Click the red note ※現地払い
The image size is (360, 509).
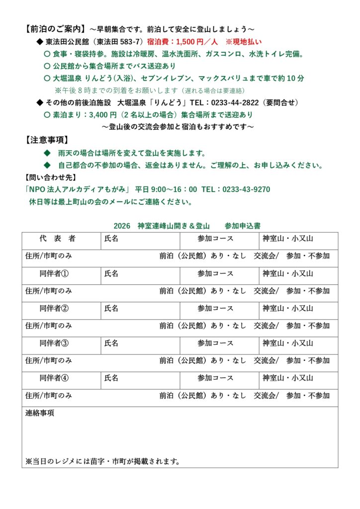pyautogui.click(x=244, y=42)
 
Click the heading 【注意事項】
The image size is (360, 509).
pyautogui.click(x=47, y=140)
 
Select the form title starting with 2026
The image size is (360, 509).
pyautogui.click(x=186, y=225)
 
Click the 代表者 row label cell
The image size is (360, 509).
pyautogui.click(x=58, y=239)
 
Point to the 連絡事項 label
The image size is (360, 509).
pyautogui.click(x=40, y=413)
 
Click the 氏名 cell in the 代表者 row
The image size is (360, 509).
pyautogui.click(x=111, y=239)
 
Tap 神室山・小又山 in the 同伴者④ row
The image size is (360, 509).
pyautogui.click(x=288, y=378)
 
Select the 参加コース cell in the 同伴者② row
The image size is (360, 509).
pyautogui.click(x=215, y=308)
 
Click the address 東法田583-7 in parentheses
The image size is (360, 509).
pyautogui.click(x=119, y=42)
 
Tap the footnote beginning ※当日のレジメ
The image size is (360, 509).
pyautogui.click(x=102, y=461)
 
